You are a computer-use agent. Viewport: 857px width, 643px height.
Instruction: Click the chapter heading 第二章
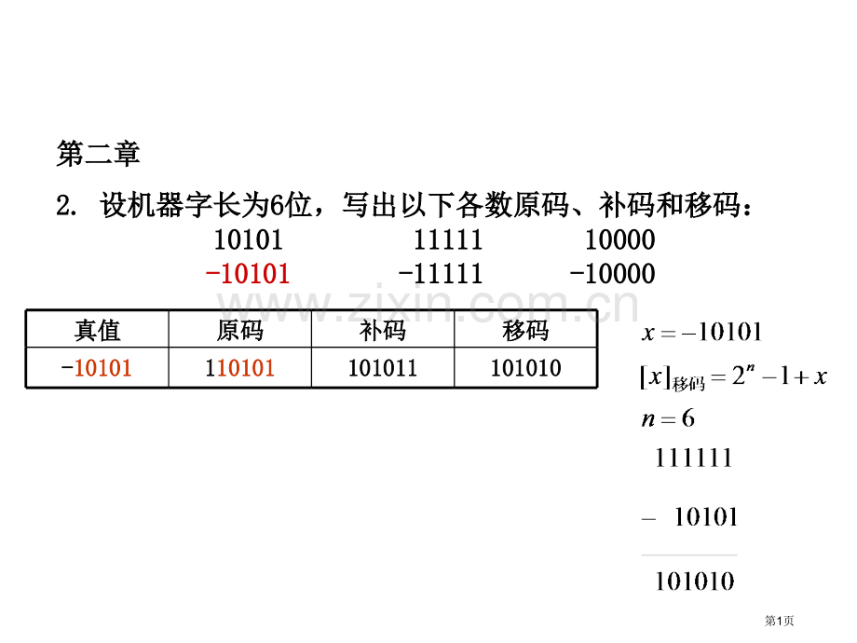99,153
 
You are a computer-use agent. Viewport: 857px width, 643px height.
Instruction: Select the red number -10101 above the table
247,273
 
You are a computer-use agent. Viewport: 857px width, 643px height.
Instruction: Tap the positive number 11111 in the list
448,239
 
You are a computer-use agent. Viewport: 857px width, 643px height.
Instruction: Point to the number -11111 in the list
441,273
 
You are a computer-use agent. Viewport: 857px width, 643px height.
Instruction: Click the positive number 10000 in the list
619,239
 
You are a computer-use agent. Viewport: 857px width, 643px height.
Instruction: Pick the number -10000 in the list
612,273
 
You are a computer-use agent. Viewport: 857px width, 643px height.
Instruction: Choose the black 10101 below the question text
248,239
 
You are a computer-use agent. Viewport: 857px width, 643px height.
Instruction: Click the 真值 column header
97,330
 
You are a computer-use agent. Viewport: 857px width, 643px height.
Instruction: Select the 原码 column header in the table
240,330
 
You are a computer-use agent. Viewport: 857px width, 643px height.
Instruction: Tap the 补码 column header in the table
383,330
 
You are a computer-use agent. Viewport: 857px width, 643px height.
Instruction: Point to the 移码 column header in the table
525,330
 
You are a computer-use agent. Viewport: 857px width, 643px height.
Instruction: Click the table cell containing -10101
97,368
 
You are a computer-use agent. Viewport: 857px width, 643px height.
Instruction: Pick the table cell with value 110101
240,368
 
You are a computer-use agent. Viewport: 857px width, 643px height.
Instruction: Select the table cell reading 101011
383,368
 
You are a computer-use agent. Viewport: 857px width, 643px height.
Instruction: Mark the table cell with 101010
525,368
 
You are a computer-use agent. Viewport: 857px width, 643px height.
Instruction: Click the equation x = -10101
701,332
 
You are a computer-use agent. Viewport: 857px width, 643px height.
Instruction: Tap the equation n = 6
668,418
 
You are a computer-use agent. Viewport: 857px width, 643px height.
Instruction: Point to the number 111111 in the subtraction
693,458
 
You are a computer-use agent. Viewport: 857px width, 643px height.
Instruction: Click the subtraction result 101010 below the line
695,581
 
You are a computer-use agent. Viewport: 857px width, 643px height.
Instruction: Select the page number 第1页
779,621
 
